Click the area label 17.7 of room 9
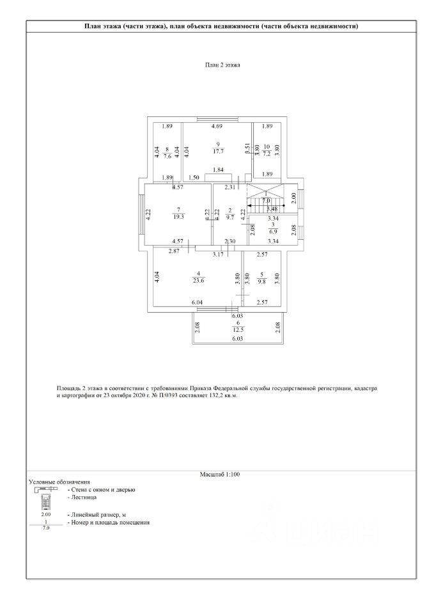(218, 152)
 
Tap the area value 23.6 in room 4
(198, 279)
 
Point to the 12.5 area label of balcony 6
(237, 329)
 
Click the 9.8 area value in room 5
(261, 279)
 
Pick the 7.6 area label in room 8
(167, 154)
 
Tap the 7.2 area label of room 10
(267, 154)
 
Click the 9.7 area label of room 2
(231, 217)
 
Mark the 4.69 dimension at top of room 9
(217, 126)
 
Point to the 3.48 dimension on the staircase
(272, 208)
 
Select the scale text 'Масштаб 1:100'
(219, 474)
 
